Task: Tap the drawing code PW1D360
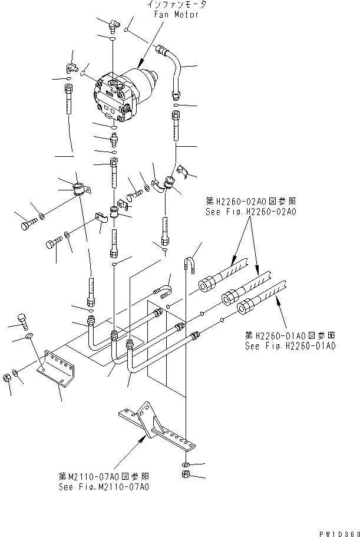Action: pyautogui.click(x=337, y=533)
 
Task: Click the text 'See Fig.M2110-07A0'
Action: pyautogui.click(x=104, y=487)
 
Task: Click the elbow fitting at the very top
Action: pyautogui.click(x=112, y=24)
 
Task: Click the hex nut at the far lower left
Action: pyautogui.click(x=7, y=377)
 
